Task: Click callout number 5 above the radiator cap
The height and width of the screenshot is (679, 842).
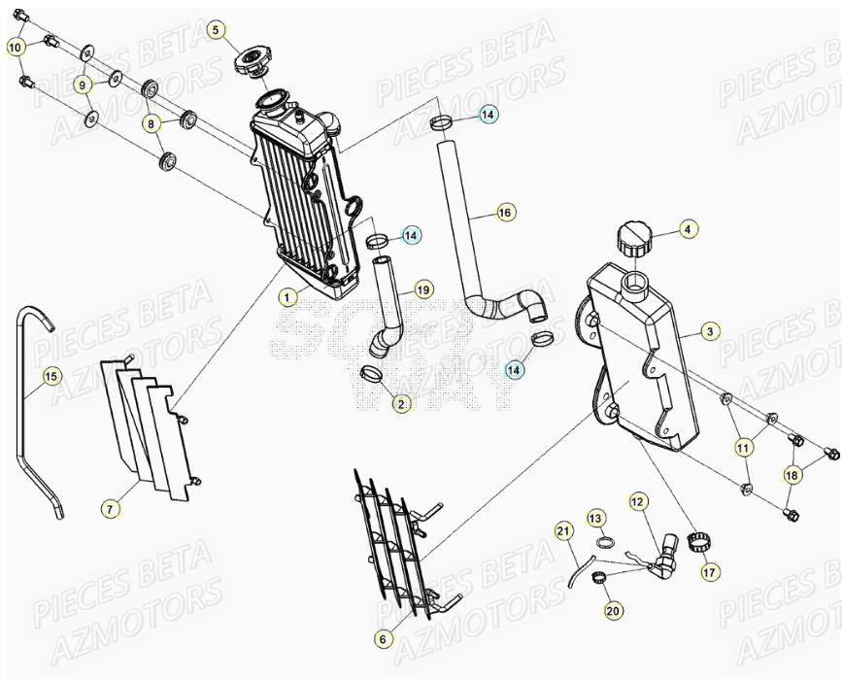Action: tap(217, 30)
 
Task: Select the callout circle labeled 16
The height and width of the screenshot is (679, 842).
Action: tap(503, 212)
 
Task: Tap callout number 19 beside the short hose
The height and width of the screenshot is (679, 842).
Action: tap(422, 289)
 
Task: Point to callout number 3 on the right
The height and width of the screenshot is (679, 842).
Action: tap(710, 332)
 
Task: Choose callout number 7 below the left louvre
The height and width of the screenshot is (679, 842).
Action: tap(111, 507)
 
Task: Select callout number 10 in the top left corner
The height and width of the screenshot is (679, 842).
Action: tap(16, 47)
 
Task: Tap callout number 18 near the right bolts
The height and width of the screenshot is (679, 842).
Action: tap(793, 475)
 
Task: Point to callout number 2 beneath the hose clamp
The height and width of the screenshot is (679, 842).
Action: tap(402, 402)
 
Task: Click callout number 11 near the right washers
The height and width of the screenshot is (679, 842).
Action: tap(743, 448)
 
